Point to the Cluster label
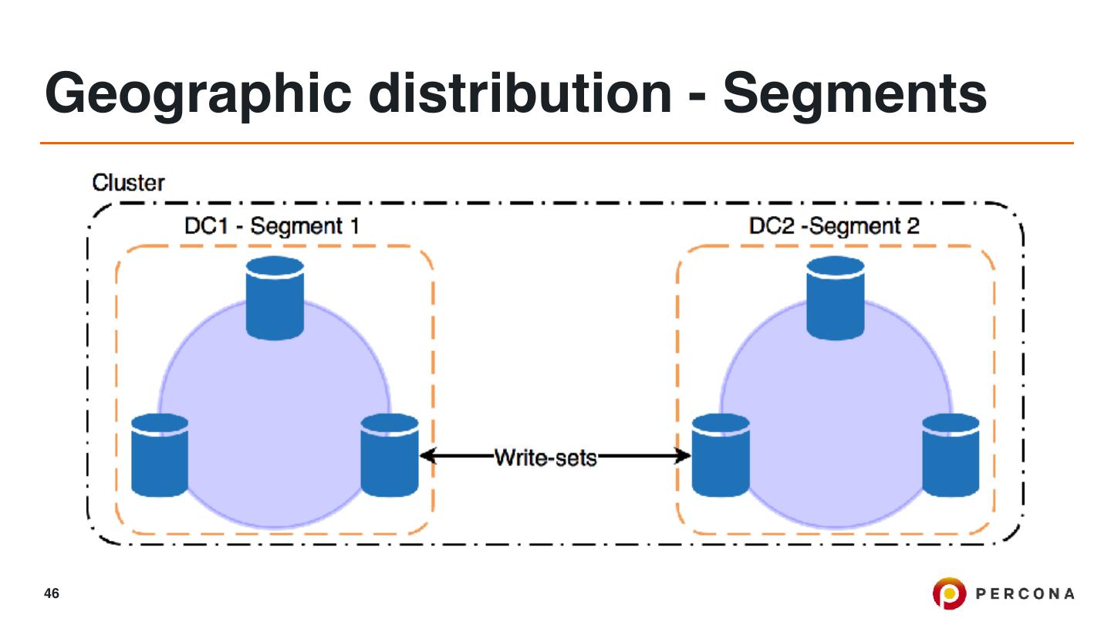point(128,183)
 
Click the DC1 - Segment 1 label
point(271,226)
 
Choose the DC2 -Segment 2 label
point(834,226)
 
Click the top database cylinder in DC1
point(275,298)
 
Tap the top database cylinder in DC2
point(836,298)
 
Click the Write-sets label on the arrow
point(545,458)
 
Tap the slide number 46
point(52,593)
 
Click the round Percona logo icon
point(949,593)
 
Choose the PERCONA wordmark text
point(1025,593)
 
